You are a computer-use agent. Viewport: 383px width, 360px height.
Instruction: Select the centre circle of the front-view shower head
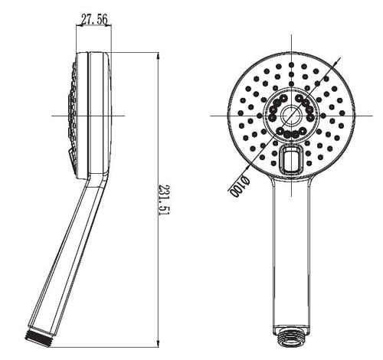290,116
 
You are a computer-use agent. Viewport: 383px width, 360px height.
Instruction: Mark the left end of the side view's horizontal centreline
52,116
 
